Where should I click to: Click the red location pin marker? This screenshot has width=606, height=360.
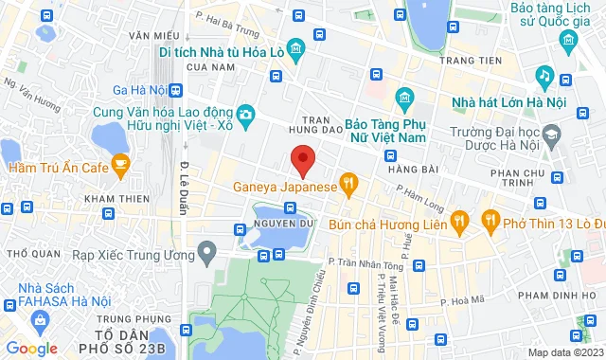[302, 160]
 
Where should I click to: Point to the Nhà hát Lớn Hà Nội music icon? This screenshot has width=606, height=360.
[544, 75]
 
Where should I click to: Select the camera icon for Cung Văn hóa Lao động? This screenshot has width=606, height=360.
[246, 116]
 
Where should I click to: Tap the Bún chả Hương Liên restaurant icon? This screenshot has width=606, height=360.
[459, 223]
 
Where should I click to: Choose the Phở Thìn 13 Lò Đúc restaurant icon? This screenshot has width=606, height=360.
[490, 223]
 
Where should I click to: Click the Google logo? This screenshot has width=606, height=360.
[30, 349]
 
